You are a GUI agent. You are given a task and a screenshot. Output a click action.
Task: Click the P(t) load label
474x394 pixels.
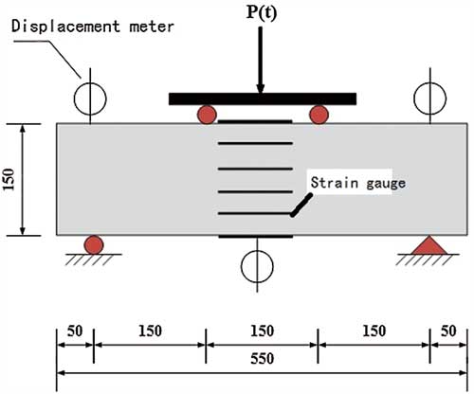(261, 13)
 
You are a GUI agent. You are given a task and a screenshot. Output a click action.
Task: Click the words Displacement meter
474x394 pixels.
(93, 27)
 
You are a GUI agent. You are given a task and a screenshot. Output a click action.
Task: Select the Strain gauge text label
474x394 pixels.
(358, 183)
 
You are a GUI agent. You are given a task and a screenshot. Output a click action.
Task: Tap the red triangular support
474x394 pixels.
(428, 245)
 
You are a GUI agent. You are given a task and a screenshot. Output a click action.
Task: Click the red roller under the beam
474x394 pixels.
(94, 244)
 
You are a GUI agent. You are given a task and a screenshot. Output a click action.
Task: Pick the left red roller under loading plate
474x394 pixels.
(207, 115)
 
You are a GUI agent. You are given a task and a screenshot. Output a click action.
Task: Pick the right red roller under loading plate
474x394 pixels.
(319, 115)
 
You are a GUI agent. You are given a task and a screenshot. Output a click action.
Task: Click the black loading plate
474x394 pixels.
(263, 98)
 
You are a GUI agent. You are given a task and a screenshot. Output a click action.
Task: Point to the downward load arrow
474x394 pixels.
(260, 60)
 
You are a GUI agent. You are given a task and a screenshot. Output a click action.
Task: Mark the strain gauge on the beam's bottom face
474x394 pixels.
(256, 237)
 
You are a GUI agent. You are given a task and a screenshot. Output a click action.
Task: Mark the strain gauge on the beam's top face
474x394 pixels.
(255, 121)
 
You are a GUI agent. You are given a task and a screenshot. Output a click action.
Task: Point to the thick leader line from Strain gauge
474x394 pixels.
(301, 205)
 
